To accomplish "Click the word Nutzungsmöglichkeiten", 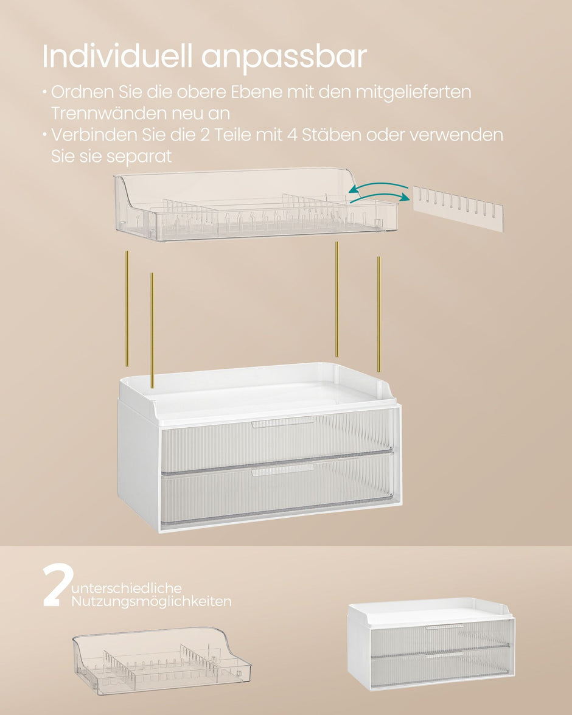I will click(151, 602).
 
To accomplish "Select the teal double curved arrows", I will click(378, 194).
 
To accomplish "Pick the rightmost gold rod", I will click(378, 313).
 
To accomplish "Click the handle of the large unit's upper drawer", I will click(283, 422).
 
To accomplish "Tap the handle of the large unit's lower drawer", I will click(283, 470).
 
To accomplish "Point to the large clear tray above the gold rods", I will click(256, 204).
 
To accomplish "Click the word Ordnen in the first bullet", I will click(76, 92).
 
